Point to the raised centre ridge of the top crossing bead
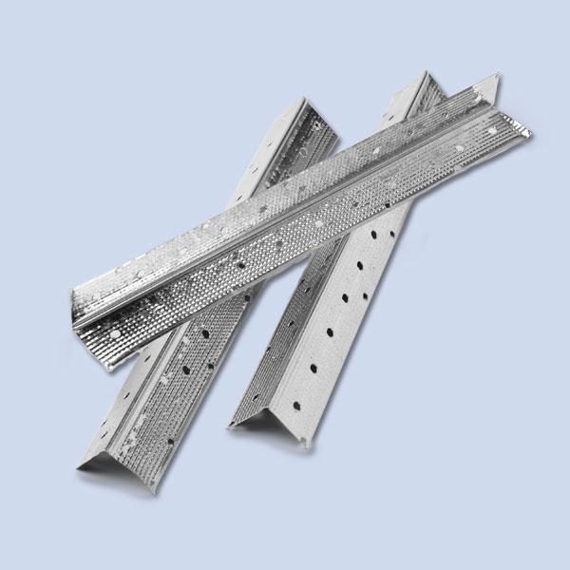tap(285, 199)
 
